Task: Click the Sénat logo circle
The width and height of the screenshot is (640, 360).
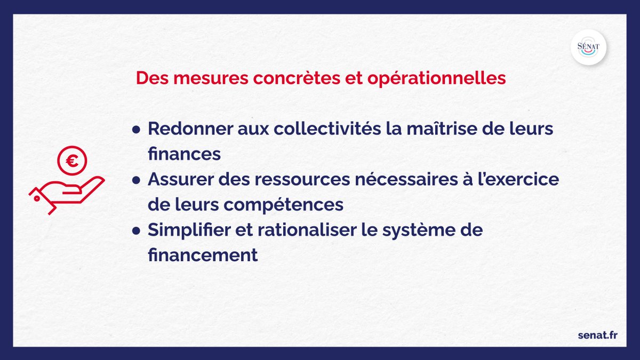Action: tap(588, 47)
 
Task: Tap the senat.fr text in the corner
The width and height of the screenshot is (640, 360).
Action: tap(598, 335)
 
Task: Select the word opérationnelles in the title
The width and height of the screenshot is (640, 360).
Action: tap(436, 78)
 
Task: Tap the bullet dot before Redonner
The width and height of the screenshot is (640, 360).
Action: tap(137, 130)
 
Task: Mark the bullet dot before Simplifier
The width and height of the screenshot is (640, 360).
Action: tap(137, 231)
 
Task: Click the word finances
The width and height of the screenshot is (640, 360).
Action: tap(184, 155)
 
